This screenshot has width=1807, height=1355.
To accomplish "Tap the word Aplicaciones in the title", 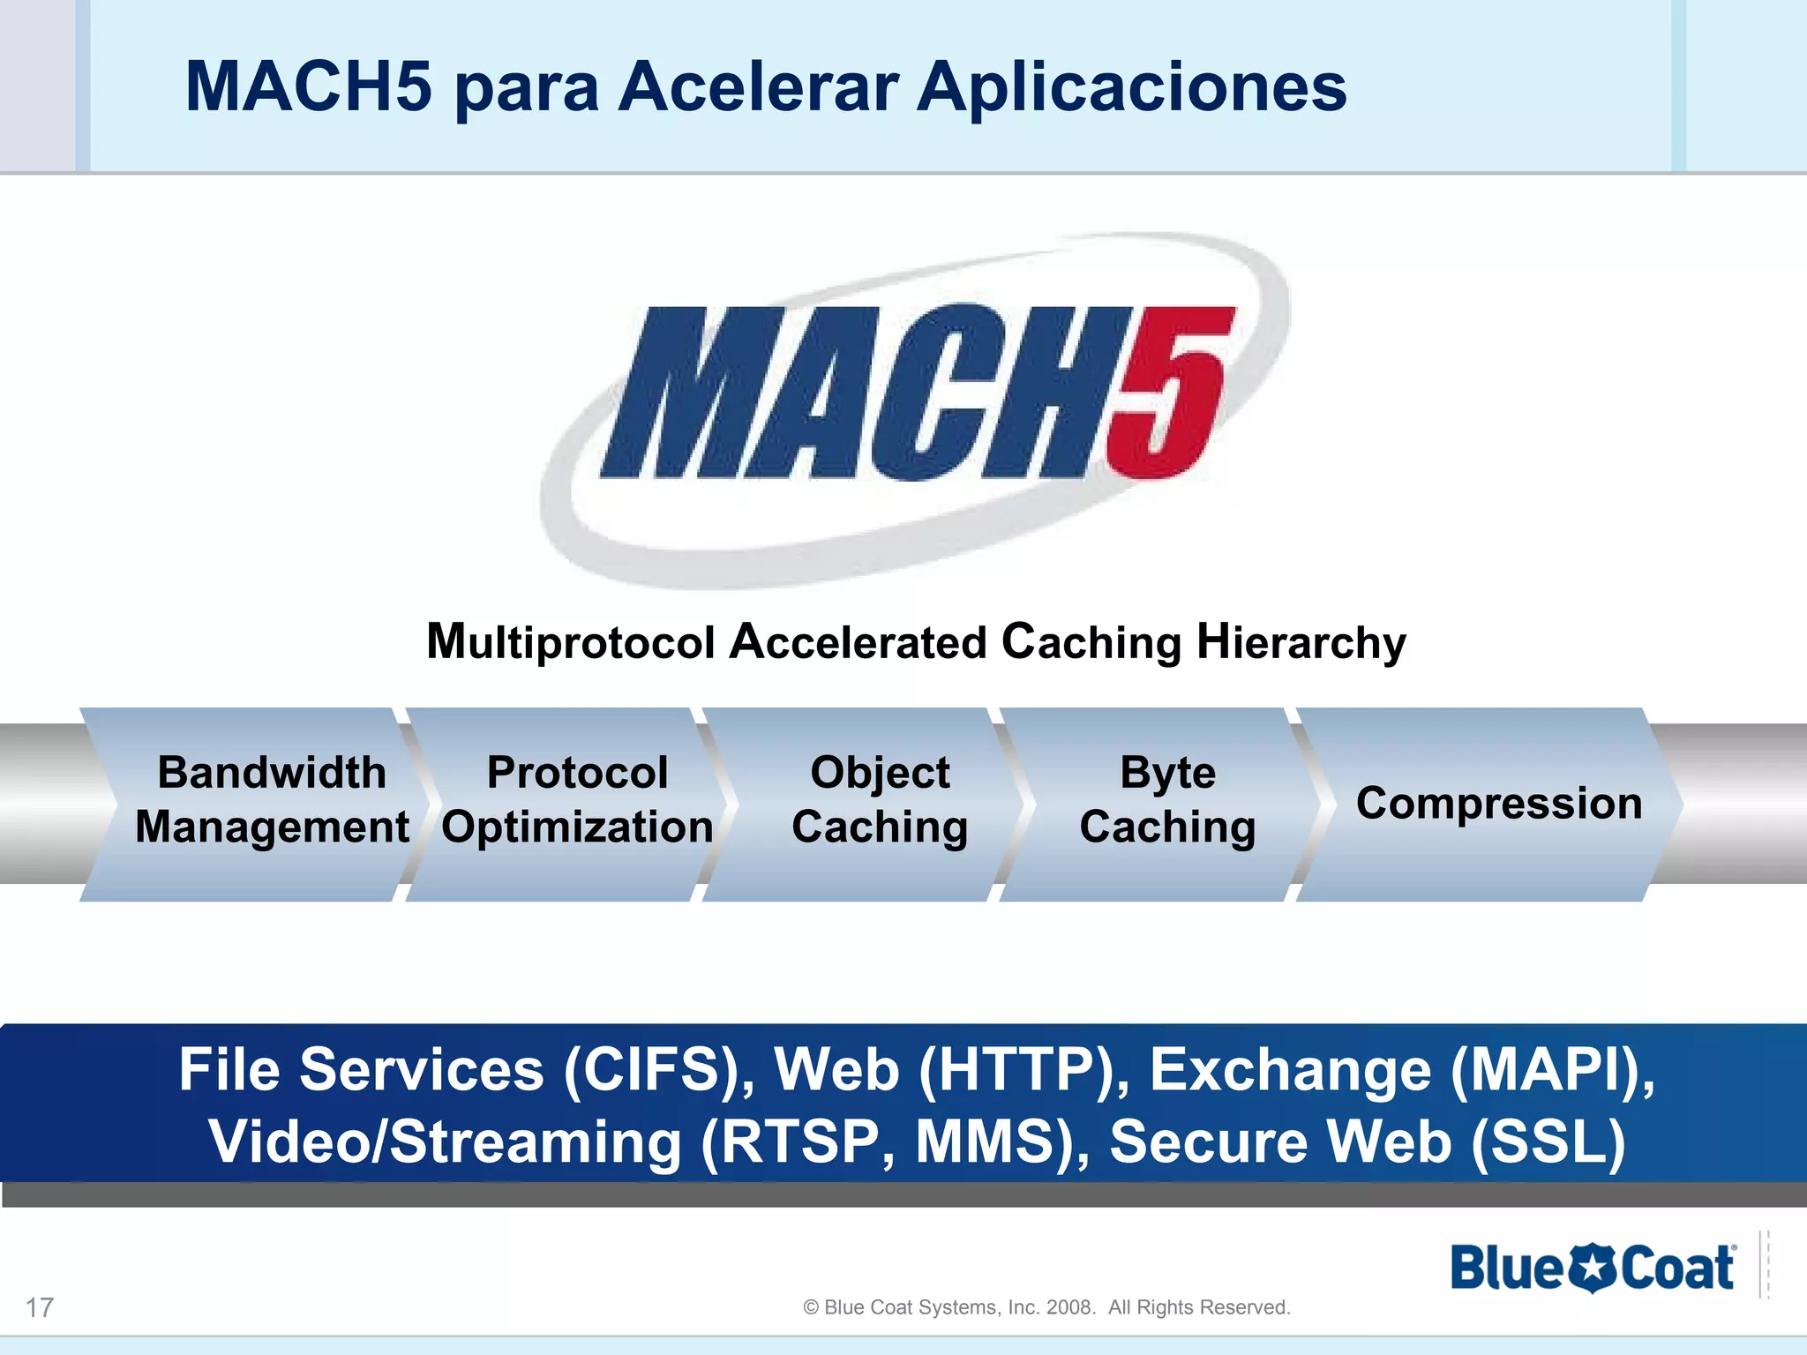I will pyautogui.click(x=1131, y=88).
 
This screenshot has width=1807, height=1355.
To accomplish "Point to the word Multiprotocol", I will pyautogui.click(x=570, y=642).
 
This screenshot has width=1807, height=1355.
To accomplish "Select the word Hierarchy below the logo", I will pyautogui.click(x=1301, y=642).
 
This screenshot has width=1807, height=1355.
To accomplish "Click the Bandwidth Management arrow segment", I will pyautogui.click(x=271, y=800).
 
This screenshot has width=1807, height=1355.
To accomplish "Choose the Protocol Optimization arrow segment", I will pyautogui.click(x=577, y=800).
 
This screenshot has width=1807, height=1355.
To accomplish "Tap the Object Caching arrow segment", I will pyautogui.click(x=879, y=800).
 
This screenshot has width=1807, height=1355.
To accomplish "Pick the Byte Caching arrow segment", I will pyautogui.click(x=1166, y=800).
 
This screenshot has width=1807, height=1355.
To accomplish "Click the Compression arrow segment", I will pyautogui.click(x=1498, y=804).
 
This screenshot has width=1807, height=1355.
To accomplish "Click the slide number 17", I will pyautogui.click(x=40, y=1307).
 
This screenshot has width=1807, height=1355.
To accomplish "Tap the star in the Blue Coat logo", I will pyautogui.click(x=1592, y=1269).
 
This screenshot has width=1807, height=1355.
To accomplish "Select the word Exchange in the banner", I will pyautogui.click(x=1290, y=1070).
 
